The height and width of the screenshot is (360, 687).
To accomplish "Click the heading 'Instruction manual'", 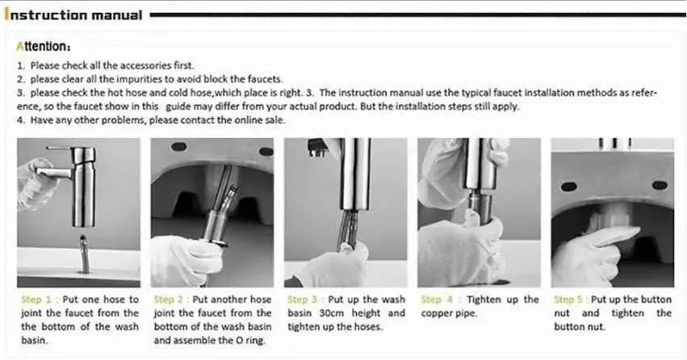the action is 73,15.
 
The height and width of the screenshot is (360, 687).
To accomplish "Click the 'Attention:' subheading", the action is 43,47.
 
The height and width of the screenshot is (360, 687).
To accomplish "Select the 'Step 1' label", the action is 36,299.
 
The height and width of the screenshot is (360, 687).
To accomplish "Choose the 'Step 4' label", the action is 437,299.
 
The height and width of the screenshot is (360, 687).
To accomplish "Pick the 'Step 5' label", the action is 568,299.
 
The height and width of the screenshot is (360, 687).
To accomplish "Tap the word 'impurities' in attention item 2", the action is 140,79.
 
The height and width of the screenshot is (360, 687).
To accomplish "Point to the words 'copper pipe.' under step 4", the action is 449,313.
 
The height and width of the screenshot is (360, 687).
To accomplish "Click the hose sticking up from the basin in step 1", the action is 84,254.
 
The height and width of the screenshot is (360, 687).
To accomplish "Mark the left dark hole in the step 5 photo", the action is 568,186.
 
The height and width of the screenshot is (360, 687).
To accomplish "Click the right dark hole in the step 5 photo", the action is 660,186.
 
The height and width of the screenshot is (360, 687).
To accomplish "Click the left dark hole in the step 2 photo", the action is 178,147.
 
